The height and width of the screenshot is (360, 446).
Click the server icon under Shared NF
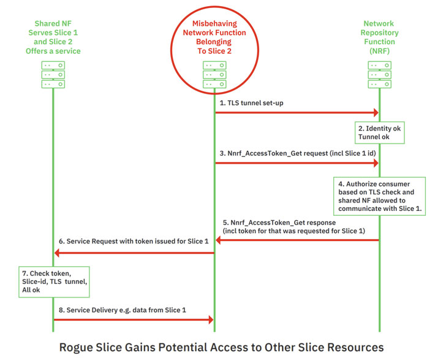tap(53, 75)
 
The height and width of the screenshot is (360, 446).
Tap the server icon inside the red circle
tap(214, 75)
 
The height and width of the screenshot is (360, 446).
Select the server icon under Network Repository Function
tap(379, 75)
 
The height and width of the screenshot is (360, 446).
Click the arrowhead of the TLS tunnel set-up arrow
tap(376, 112)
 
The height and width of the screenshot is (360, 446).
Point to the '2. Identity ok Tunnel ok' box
tap(379, 132)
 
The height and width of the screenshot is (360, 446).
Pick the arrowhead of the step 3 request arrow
tap(376, 163)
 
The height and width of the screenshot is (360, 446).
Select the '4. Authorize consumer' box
tap(379, 196)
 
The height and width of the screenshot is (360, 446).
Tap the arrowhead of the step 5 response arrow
tap(219, 240)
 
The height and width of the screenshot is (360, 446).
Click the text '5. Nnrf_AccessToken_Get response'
tap(279, 223)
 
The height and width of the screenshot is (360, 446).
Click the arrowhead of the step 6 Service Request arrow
tap(57, 253)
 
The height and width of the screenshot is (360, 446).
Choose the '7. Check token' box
tap(54, 282)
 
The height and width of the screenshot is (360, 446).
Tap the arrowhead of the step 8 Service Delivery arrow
tap(211, 320)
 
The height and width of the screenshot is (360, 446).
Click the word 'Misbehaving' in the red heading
tap(214, 24)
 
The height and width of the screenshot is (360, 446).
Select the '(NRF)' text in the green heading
tap(379, 51)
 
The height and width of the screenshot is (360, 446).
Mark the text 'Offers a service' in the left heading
tap(53, 51)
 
